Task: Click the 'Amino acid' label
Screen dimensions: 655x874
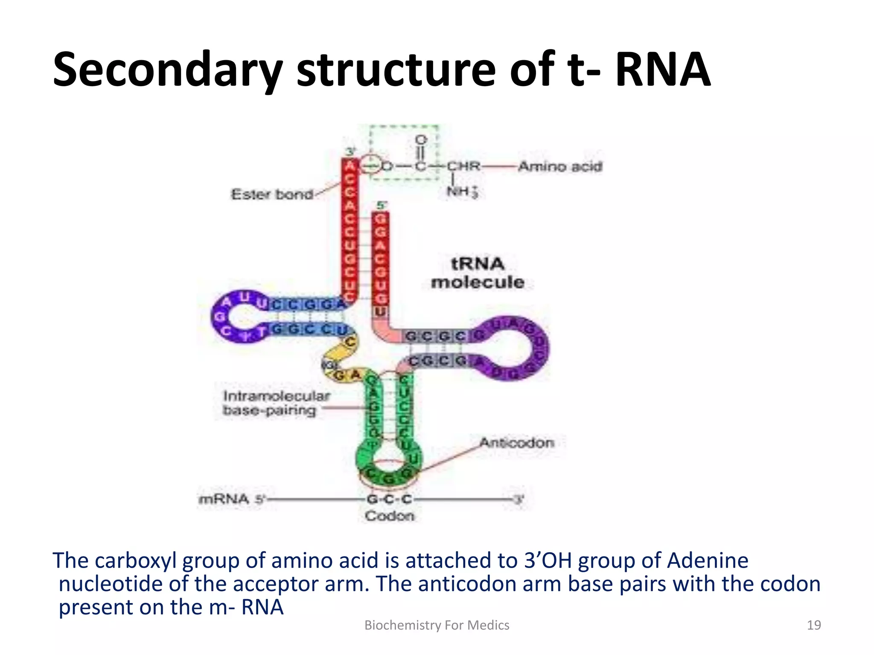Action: point(560,166)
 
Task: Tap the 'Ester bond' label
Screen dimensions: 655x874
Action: point(272,194)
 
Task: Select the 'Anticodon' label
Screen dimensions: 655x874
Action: point(517,443)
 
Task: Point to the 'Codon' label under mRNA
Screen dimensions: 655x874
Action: point(389,516)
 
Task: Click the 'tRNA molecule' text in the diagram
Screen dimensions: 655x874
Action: point(478,273)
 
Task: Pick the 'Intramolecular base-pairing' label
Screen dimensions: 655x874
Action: point(276,403)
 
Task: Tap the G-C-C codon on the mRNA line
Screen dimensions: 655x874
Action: point(389,499)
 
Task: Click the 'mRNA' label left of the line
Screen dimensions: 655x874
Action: point(224,499)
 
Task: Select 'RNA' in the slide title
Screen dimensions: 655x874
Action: point(663,69)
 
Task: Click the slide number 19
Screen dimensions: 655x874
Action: point(814,625)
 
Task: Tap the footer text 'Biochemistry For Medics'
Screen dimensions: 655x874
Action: point(437,625)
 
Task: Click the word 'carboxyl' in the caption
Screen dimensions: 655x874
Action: point(135,560)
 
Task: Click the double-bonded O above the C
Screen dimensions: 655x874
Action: point(421,140)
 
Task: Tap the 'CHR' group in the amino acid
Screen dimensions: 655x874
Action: point(463,166)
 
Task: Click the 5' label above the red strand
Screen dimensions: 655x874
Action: point(381,206)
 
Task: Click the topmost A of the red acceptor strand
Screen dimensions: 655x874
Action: point(350,165)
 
